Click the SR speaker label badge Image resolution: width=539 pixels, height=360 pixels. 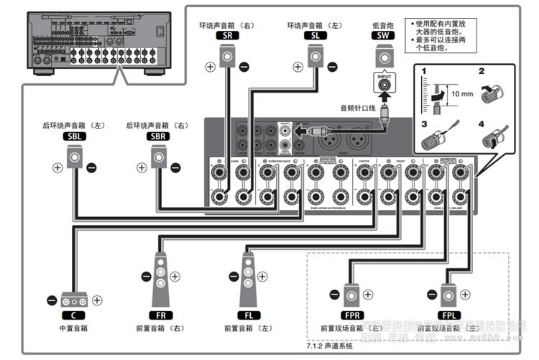(227, 34)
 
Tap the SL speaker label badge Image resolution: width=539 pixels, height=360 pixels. (315, 34)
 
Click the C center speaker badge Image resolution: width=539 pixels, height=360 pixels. (73, 315)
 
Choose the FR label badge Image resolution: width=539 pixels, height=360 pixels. (160, 315)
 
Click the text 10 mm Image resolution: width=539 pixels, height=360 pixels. (462, 93)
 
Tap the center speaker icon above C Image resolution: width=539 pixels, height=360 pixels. (74, 300)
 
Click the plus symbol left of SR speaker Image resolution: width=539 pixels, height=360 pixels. (210, 66)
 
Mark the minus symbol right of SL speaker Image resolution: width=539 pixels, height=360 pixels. (332, 66)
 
